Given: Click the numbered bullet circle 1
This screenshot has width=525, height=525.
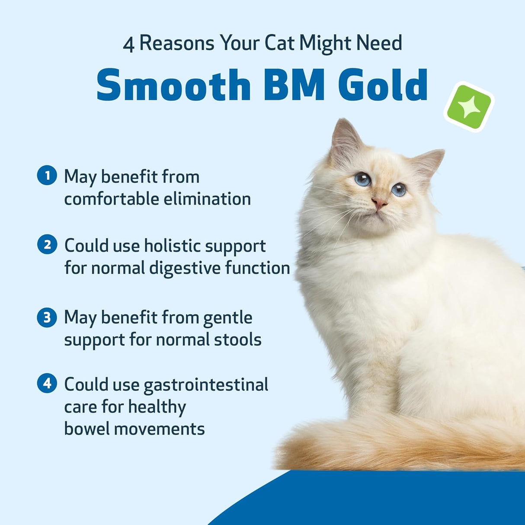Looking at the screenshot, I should (x=47, y=176).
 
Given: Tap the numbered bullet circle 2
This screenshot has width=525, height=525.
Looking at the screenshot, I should (x=47, y=245).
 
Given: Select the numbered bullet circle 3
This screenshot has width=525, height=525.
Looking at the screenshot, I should (x=47, y=317).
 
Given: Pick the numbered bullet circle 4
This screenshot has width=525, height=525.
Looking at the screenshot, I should (x=47, y=383).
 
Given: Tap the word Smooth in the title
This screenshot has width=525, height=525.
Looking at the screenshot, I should (x=173, y=85).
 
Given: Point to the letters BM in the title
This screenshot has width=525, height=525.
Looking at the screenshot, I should (x=294, y=85).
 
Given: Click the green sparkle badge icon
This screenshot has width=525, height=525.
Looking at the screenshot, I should (x=469, y=107).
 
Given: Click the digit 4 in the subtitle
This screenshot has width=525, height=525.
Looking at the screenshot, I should (x=128, y=45).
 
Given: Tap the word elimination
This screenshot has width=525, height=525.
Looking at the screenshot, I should (x=207, y=199).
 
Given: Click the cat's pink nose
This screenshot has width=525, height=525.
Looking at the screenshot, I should (x=379, y=203).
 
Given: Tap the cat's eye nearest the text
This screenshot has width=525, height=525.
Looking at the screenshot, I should (x=362, y=179).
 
